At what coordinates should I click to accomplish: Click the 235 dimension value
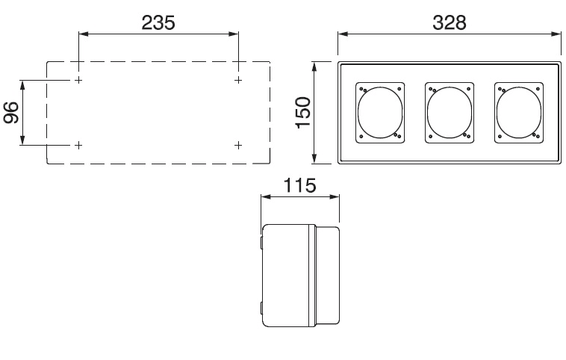click(x=158, y=22)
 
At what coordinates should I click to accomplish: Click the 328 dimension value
click(x=450, y=22)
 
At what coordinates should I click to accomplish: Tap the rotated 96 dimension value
click(x=11, y=113)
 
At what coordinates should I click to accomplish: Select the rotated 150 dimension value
click(x=303, y=112)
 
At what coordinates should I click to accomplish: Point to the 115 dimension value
click(x=299, y=185)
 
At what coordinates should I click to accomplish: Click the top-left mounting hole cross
click(x=78, y=80)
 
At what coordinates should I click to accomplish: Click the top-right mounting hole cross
click(x=238, y=80)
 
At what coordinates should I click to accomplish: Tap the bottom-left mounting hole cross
click(x=78, y=145)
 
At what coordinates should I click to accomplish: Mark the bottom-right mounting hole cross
click(x=238, y=145)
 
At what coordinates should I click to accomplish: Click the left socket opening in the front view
click(x=358, y=113)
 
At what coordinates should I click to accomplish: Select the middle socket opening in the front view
click(x=427, y=113)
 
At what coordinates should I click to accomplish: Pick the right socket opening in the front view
click(x=497, y=113)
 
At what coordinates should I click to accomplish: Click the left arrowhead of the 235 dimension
click(x=84, y=34)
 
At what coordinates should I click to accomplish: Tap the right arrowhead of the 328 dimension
click(x=556, y=34)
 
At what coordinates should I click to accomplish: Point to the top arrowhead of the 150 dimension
click(x=314, y=67)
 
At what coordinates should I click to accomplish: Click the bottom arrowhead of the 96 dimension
click(x=22, y=140)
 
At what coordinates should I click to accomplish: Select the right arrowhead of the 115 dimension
click(x=335, y=196)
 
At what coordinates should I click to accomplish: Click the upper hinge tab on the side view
click(x=261, y=242)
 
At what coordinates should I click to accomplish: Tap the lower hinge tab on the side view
click(x=261, y=308)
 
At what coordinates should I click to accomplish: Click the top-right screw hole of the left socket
click(x=399, y=89)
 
